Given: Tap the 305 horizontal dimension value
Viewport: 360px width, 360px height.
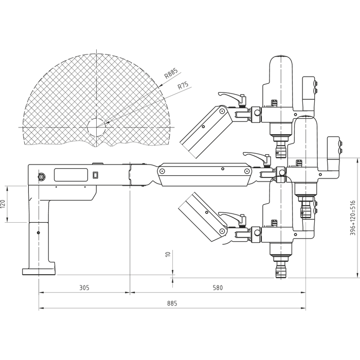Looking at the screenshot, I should click(x=85, y=287).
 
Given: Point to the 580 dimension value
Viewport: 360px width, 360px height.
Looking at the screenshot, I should click(x=218, y=287).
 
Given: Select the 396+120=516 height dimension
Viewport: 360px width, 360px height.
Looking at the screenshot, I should click(x=353, y=218).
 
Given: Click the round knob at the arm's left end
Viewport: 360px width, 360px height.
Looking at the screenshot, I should click(x=40, y=176).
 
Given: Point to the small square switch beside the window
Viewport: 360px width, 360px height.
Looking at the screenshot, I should click(x=95, y=174).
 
